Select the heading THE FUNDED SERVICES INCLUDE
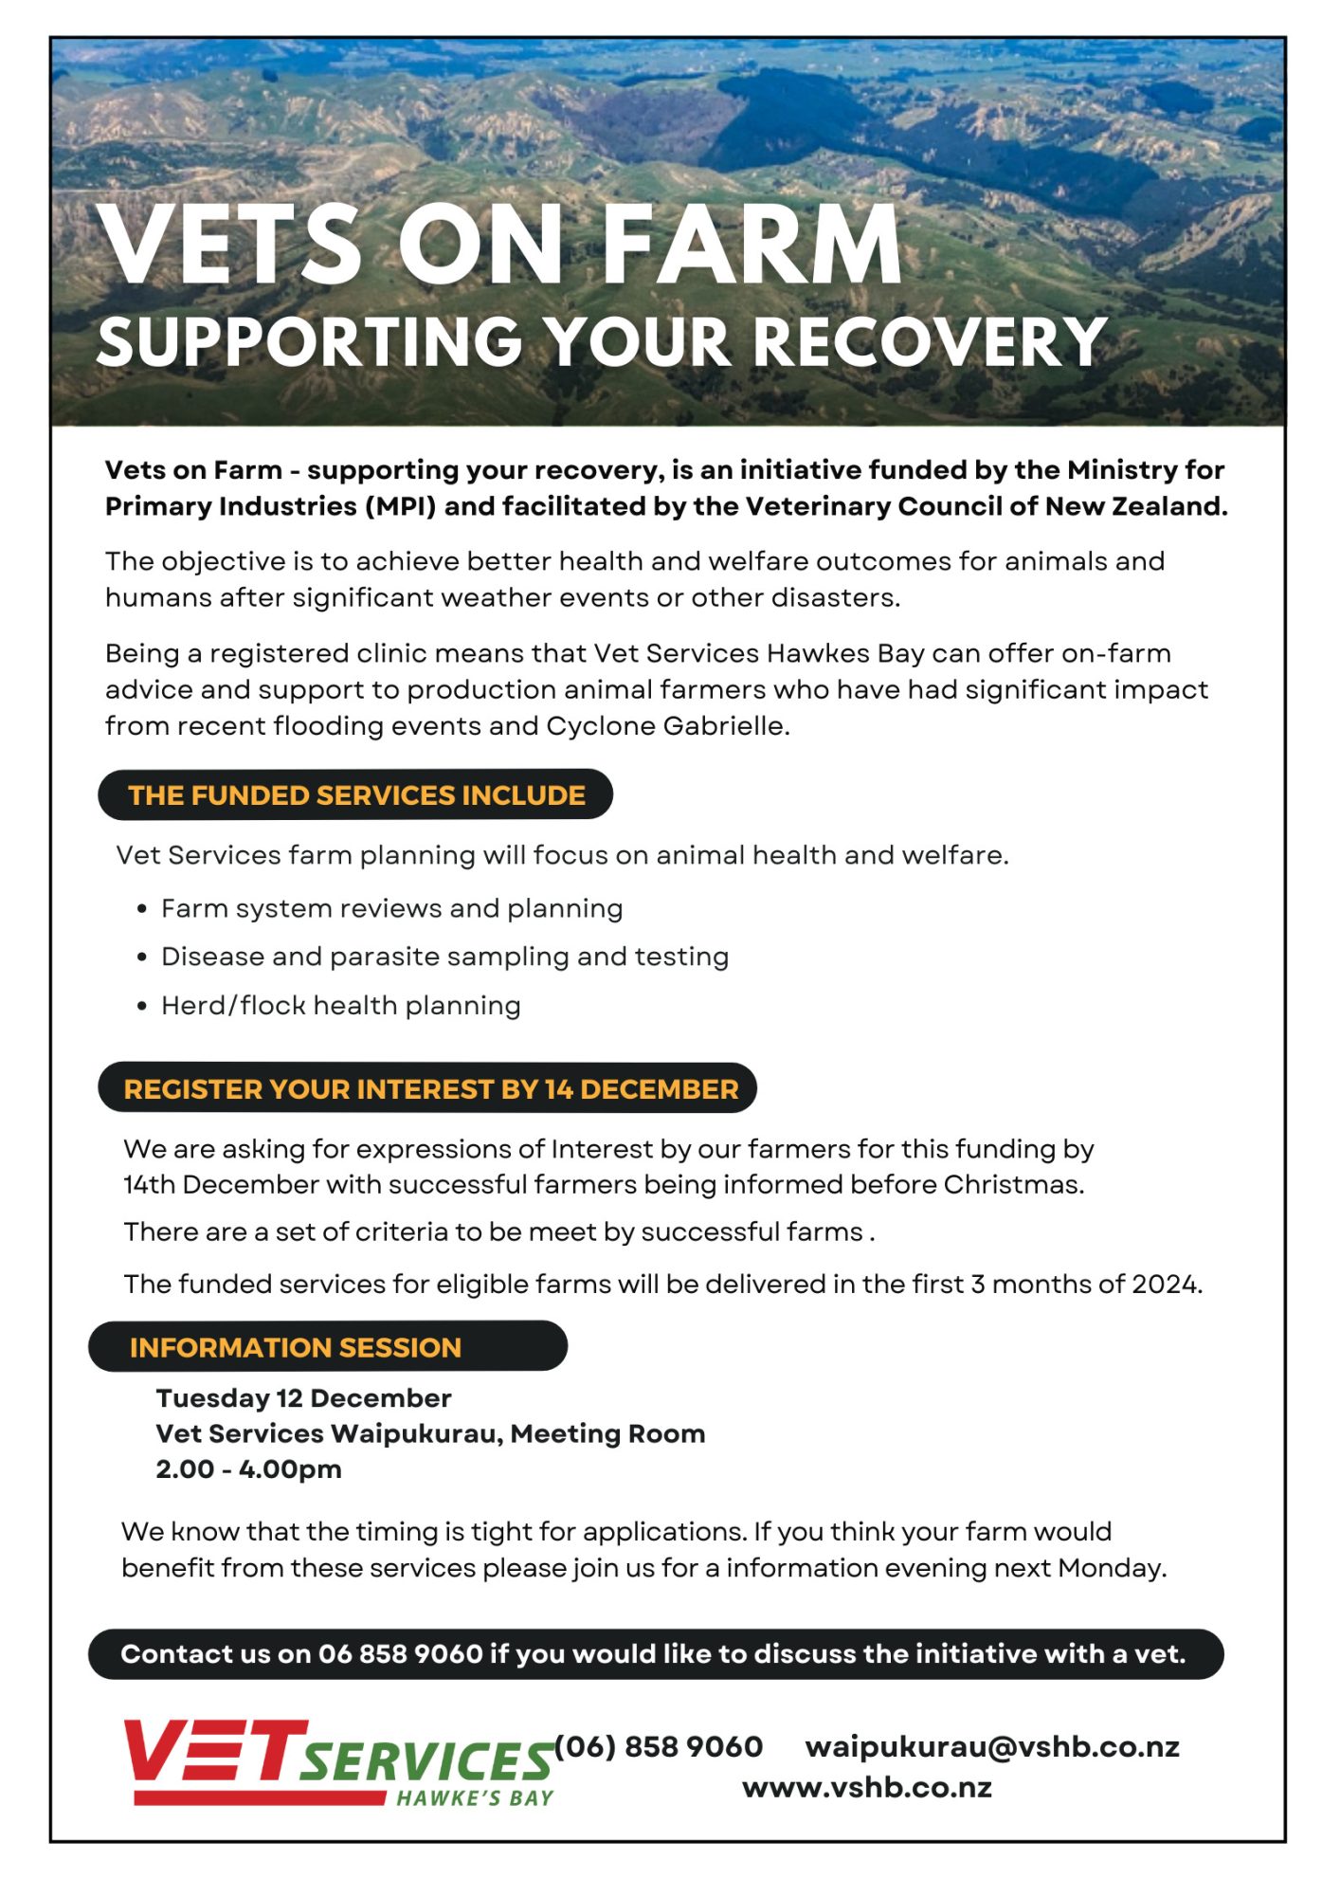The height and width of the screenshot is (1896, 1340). pyautogui.click(x=356, y=794)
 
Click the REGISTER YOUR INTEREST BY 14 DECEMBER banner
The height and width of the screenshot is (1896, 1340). pyautogui.click(x=430, y=1088)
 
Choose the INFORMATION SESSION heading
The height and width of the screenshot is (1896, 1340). pyautogui.click(x=295, y=1347)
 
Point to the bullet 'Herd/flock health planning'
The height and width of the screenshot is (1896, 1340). pyautogui.click(x=340, y=1005)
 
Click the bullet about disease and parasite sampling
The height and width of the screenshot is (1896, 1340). pyautogui.click(x=444, y=957)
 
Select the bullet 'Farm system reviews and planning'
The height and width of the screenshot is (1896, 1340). pyautogui.click(x=391, y=908)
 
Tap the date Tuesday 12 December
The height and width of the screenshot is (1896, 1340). pyautogui.click(x=303, y=1398)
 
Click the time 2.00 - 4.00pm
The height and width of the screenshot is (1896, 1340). pyautogui.click(x=248, y=1469)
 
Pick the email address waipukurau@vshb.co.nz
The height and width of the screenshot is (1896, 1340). pyautogui.click(x=991, y=1746)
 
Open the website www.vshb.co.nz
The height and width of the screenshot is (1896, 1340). pyautogui.click(x=866, y=1788)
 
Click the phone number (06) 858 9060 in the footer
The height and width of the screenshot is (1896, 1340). pyautogui.click(x=659, y=1746)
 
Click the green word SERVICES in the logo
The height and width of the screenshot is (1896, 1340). pyautogui.click(x=427, y=1761)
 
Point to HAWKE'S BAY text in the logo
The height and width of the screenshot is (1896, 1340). pyautogui.click(x=475, y=1798)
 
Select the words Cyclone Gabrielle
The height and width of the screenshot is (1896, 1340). pyautogui.click(x=666, y=726)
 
